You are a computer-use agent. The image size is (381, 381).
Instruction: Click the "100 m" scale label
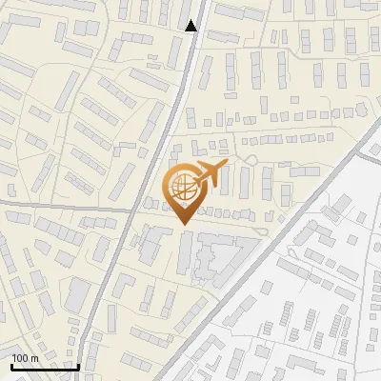[x=25, y=357]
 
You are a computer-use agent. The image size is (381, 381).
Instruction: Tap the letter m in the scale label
[x=33, y=357]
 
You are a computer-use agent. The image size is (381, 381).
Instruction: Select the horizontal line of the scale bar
[x=44, y=366]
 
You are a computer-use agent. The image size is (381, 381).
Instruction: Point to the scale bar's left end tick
[x=11, y=364]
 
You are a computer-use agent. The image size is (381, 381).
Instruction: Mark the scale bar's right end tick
[x=77, y=364]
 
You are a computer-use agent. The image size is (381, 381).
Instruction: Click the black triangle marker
[x=191, y=26]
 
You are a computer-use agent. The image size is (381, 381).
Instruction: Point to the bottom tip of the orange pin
[x=182, y=223]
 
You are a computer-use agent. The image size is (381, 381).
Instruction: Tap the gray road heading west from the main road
[x=57, y=206]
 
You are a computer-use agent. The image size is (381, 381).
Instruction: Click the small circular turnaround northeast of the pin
[x=251, y=159]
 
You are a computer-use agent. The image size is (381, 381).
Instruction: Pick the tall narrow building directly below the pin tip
[x=184, y=252]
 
